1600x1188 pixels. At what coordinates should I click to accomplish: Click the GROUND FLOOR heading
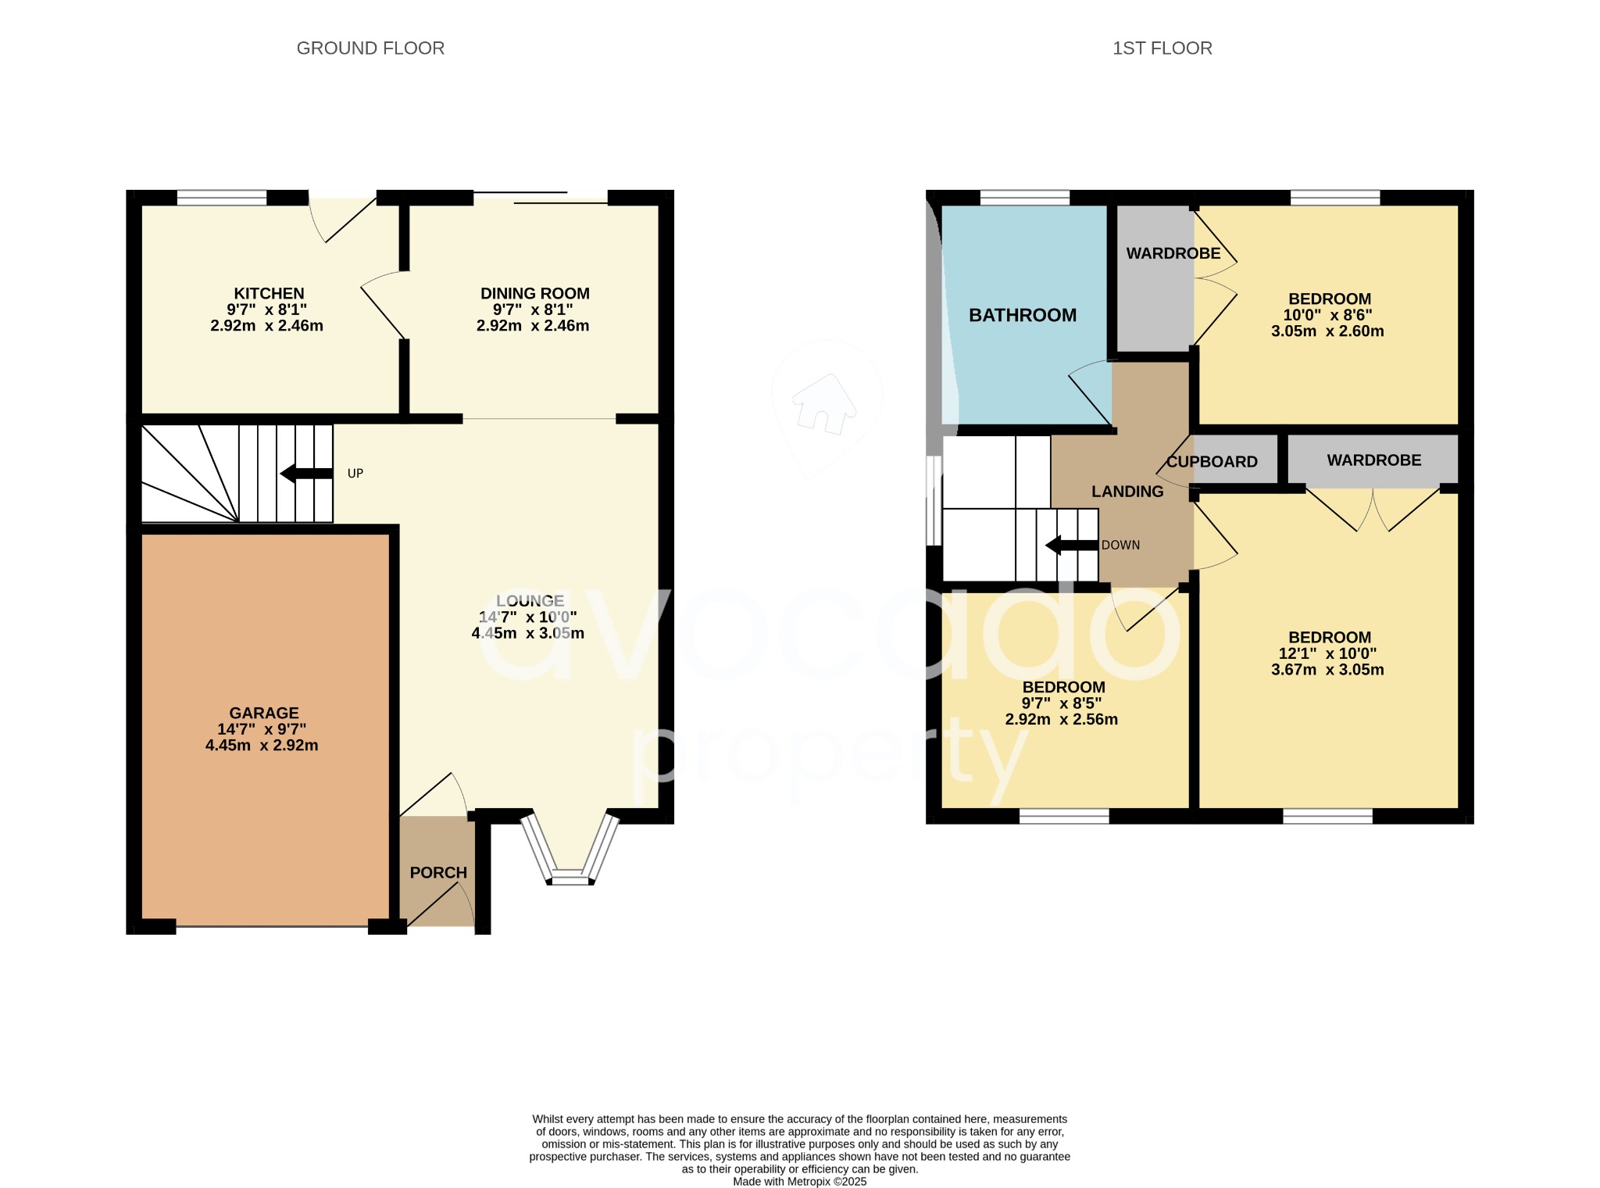point(370,48)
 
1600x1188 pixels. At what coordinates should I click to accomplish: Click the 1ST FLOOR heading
point(1162,48)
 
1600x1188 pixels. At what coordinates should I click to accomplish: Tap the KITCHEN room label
point(269,294)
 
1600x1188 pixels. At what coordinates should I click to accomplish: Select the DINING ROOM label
point(534,294)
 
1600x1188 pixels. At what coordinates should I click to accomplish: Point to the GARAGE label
point(263,713)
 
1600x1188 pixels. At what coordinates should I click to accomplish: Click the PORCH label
point(438,872)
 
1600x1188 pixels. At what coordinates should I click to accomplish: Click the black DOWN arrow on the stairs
point(1071,545)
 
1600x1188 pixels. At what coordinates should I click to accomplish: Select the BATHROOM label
point(1022,315)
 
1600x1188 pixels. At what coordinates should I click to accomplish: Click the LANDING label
point(1127,492)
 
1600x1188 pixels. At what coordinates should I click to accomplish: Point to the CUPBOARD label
point(1212,462)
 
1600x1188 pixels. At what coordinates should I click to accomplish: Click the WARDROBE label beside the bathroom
point(1173,253)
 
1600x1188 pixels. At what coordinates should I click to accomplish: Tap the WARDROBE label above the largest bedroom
point(1373,460)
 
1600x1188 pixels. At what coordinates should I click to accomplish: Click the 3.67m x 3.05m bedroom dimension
point(1327,670)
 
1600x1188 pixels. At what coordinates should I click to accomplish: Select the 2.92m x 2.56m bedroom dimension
point(1061,720)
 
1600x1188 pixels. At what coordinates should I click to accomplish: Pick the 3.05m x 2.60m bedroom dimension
point(1327,331)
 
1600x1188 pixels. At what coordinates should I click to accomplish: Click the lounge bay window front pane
point(570,880)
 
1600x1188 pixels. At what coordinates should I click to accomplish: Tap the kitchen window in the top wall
point(222,198)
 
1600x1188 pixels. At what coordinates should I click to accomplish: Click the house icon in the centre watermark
point(823,403)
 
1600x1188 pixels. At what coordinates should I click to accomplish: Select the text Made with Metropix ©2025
point(799,1182)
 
